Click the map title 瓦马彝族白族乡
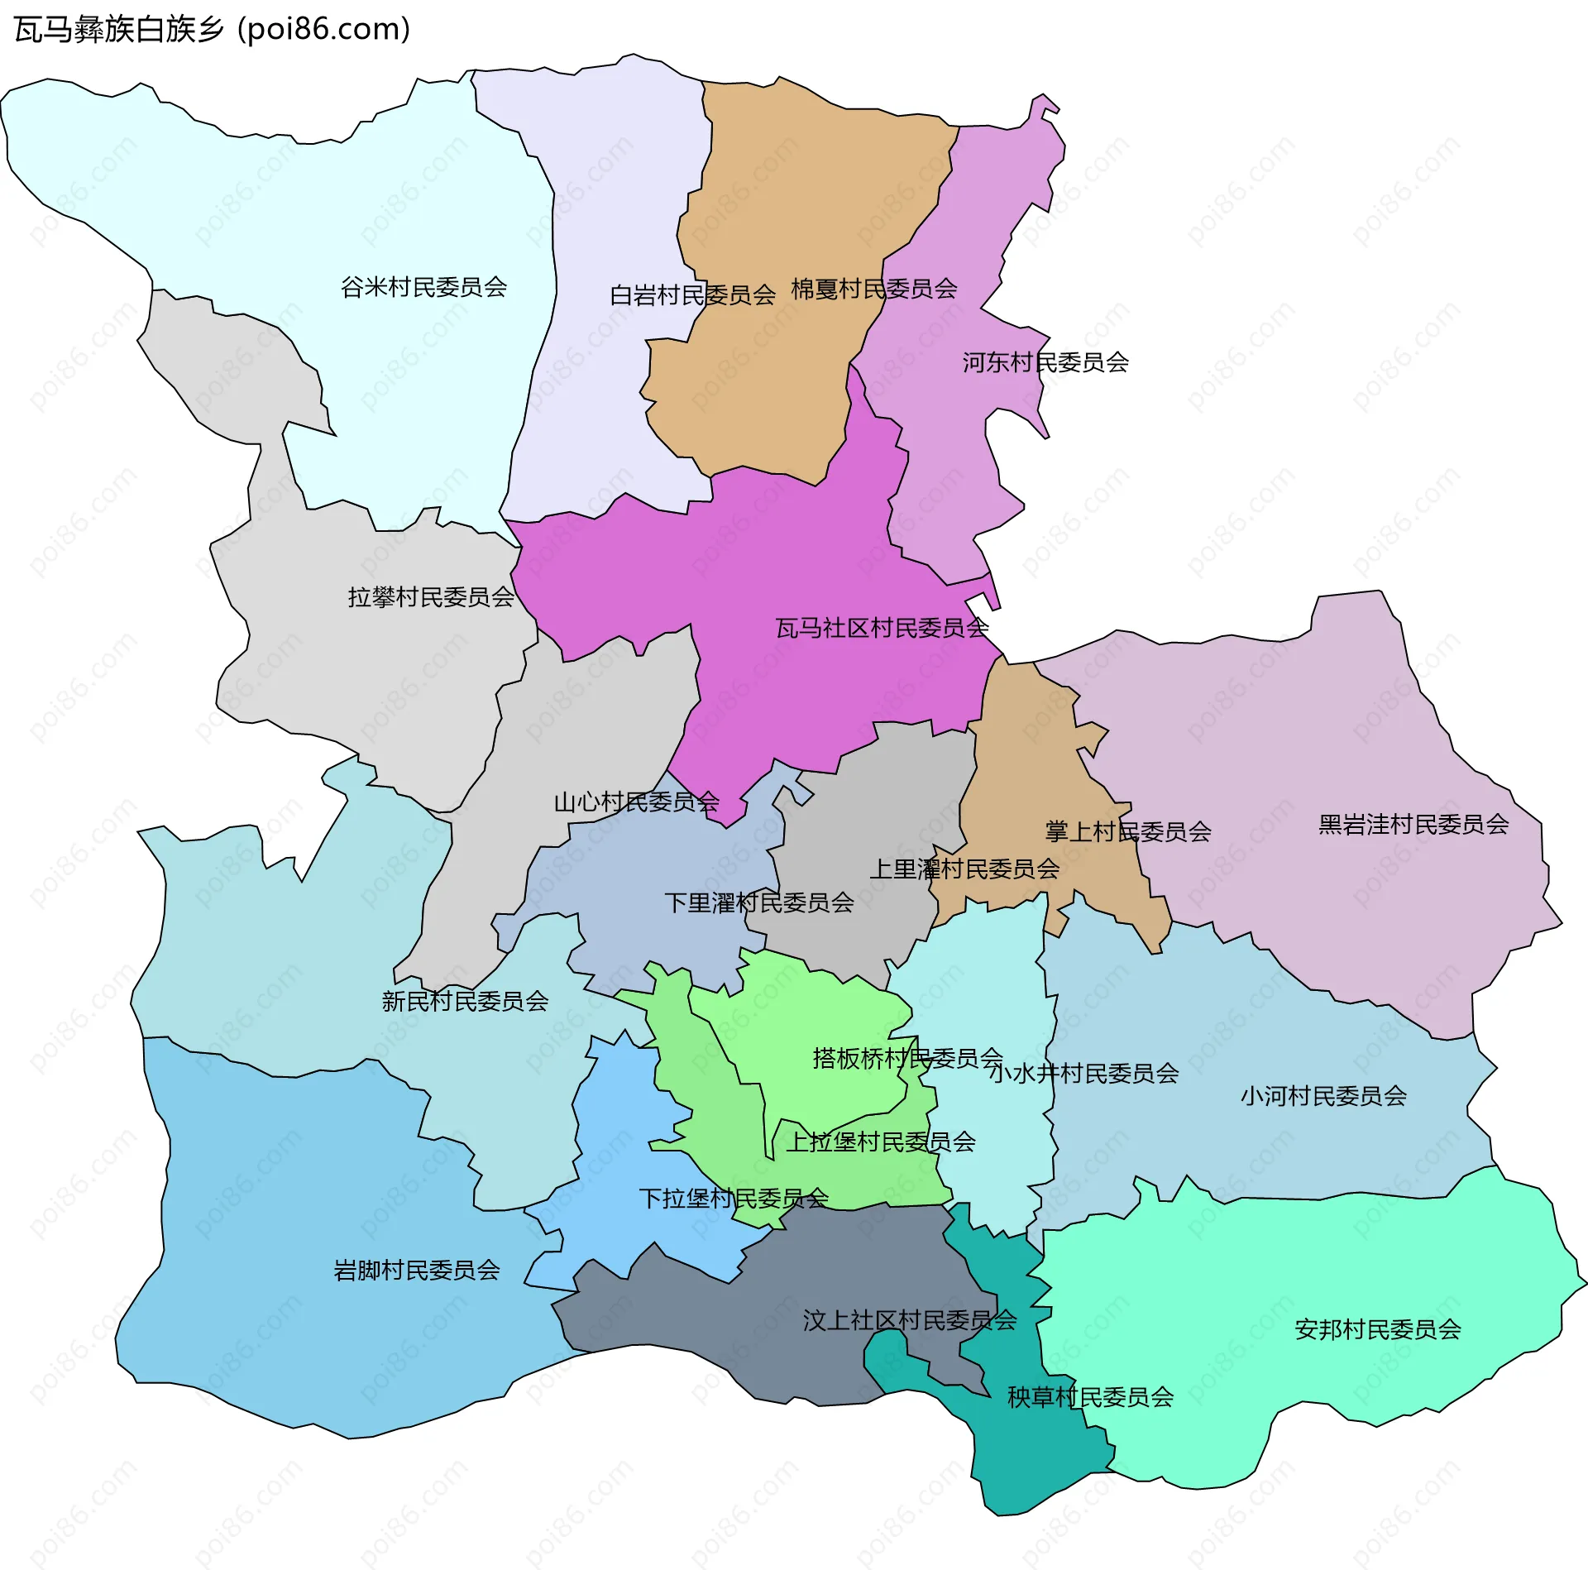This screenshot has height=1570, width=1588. point(120,30)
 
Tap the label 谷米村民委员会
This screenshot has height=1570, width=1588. point(423,287)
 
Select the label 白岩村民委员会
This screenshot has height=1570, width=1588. point(691,295)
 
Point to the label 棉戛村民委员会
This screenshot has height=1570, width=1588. point(873,289)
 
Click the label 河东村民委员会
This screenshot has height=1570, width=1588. point(1045,362)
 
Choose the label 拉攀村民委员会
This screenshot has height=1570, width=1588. point(431,597)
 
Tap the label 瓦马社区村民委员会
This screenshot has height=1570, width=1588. point(882,628)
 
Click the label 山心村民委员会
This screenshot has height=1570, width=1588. point(636,802)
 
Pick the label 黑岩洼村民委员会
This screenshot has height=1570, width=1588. point(1413,824)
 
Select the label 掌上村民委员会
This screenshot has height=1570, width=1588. point(1127,831)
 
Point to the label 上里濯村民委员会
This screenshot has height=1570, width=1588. point(964,869)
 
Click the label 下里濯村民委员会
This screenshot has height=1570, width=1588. point(758,902)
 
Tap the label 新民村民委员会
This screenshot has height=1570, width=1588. point(465,1002)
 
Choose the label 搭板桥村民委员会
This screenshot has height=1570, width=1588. point(907,1058)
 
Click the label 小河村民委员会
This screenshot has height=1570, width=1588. point(1323,1096)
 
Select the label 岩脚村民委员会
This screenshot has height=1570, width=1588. point(416,1270)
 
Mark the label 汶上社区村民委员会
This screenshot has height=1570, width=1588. point(909,1320)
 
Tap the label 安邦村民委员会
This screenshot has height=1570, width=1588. point(1377,1329)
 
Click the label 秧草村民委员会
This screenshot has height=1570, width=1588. point(1089,1397)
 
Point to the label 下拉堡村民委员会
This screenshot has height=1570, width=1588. point(733,1199)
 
